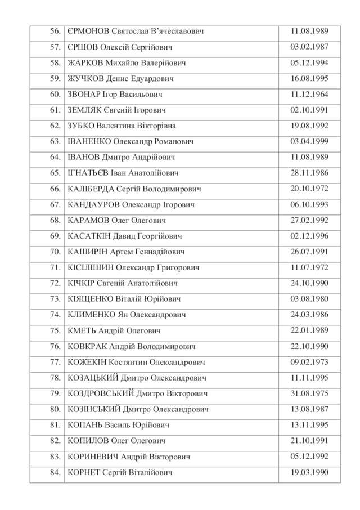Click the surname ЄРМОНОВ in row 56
[x=88, y=32]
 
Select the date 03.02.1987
[x=309, y=47]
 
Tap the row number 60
[x=55, y=95]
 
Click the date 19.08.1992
[x=309, y=126]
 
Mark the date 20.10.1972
[x=309, y=189]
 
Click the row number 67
[x=55, y=205]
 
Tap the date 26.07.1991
[x=309, y=252]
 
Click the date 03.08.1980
[x=309, y=299]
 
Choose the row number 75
[x=55, y=330]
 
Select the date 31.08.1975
[x=309, y=393]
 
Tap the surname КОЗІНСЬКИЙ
[x=93, y=409]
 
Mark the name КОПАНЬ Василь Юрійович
[x=118, y=425]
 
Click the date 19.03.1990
[x=309, y=472]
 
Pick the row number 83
[x=55, y=457]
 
